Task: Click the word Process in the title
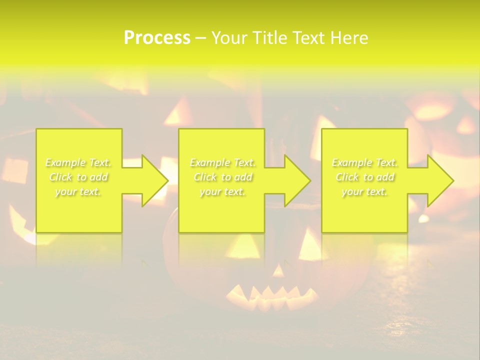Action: [x=157, y=38]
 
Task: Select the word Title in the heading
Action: [x=271, y=38]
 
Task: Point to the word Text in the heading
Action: [x=310, y=38]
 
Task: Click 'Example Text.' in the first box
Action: [x=78, y=162]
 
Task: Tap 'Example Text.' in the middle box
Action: [x=222, y=162]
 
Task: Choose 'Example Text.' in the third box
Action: [x=364, y=162]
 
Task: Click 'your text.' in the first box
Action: [x=78, y=191]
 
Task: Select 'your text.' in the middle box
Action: [x=222, y=191]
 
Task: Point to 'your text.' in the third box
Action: [x=364, y=191]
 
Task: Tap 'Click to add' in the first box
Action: [x=78, y=177]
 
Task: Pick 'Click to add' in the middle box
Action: [x=222, y=177]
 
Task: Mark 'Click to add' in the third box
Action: [x=364, y=177]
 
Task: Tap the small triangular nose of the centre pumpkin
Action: [x=278, y=270]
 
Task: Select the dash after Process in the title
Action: [x=200, y=38]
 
